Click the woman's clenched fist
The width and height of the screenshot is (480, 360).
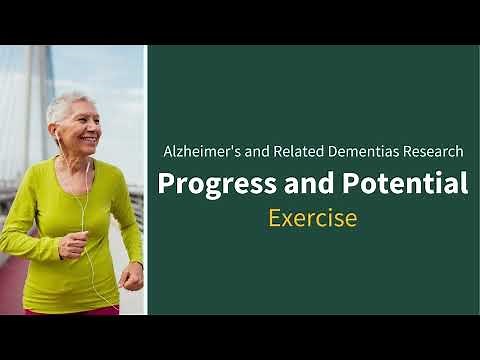pos(131,276)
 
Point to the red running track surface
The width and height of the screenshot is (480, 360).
pos(15,290)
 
